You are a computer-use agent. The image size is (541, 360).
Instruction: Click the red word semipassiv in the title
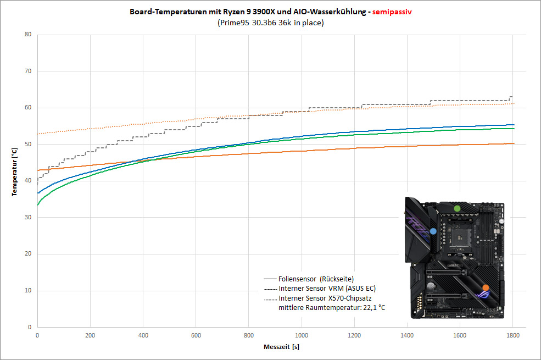tap(392, 12)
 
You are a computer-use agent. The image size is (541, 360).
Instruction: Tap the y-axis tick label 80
tap(28, 34)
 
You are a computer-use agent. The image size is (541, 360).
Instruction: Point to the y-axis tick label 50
tap(28, 144)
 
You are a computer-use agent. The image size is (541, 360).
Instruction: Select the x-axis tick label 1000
tap(302, 335)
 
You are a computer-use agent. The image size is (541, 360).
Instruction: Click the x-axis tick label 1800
tap(512, 335)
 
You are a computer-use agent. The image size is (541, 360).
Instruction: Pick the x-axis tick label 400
tap(143, 335)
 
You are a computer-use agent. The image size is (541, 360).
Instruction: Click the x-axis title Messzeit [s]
tap(281, 347)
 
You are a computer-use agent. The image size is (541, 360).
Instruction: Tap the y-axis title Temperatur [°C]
tap(14, 172)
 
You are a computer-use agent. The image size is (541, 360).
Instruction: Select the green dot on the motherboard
tap(457, 208)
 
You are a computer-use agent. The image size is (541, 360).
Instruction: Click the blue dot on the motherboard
tap(433, 231)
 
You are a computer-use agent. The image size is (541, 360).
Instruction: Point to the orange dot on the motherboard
tap(486, 287)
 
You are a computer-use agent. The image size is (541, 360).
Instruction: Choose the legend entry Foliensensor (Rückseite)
tap(309, 279)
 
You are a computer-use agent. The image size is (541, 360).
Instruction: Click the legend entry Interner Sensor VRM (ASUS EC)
tap(320, 289)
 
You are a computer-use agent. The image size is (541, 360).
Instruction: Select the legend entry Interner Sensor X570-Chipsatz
tap(318, 298)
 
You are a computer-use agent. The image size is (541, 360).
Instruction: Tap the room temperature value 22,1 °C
tap(374, 308)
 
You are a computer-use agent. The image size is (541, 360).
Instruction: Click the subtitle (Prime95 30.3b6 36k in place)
tap(270, 23)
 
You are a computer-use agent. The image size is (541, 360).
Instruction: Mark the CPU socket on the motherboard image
tap(459, 237)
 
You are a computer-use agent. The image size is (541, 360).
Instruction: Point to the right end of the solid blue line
tap(514, 125)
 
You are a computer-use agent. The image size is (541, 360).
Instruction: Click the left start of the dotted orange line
tap(38, 134)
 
